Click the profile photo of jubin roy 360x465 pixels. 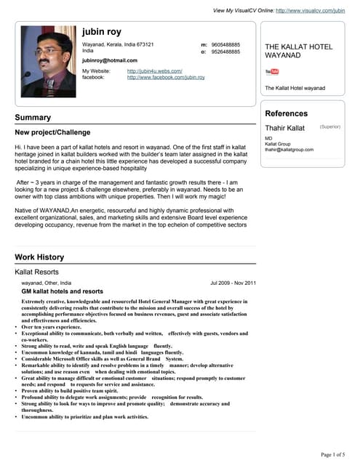click(48, 61)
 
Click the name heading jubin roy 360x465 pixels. click(102, 33)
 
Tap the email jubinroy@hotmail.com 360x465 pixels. click(110, 60)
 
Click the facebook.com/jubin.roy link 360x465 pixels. click(166, 77)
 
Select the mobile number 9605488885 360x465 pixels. click(225, 44)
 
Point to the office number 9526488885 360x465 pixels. click(225, 52)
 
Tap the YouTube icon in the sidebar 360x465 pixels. click(272, 72)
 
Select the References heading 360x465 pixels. click(286, 113)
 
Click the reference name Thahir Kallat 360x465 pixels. click(284, 128)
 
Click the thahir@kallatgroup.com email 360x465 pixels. click(289, 150)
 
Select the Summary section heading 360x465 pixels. click(33, 118)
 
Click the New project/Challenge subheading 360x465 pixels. click(52, 132)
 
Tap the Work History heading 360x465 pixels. click(39, 257)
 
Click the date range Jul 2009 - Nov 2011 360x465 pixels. click(233, 283)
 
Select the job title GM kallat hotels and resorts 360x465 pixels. click(62, 291)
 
